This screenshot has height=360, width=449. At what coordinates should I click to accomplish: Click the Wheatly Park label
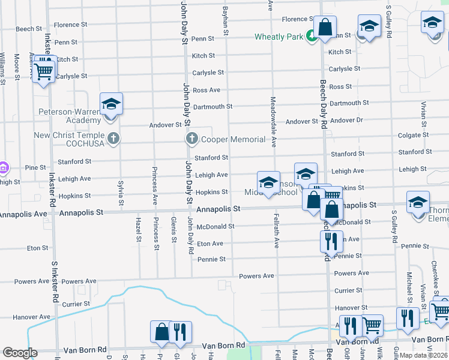coord(279,37)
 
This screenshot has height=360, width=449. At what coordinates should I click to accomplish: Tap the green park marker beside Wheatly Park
coord(312,37)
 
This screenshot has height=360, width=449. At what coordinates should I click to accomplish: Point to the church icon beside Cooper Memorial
coord(192,140)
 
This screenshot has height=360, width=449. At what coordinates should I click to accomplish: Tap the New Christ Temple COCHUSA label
coord(69,140)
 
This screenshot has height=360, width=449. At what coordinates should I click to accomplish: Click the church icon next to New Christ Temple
coord(113,140)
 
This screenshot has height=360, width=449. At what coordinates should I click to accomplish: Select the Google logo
coord(20,353)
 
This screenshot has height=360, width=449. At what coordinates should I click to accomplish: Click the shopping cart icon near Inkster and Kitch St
coord(44,71)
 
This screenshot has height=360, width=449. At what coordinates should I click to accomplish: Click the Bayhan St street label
coord(227,17)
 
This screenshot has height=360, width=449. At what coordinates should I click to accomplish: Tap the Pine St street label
coord(35,168)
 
